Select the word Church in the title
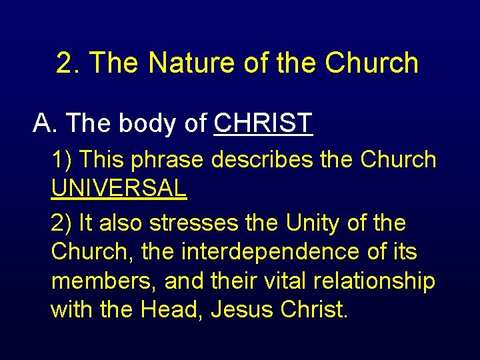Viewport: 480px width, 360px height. click(x=371, y=63)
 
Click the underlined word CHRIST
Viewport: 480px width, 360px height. click(x=263, y=123)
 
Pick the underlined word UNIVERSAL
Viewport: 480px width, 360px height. click(x=119, y=189)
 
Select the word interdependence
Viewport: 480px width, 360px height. click(x=282, y=252)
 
